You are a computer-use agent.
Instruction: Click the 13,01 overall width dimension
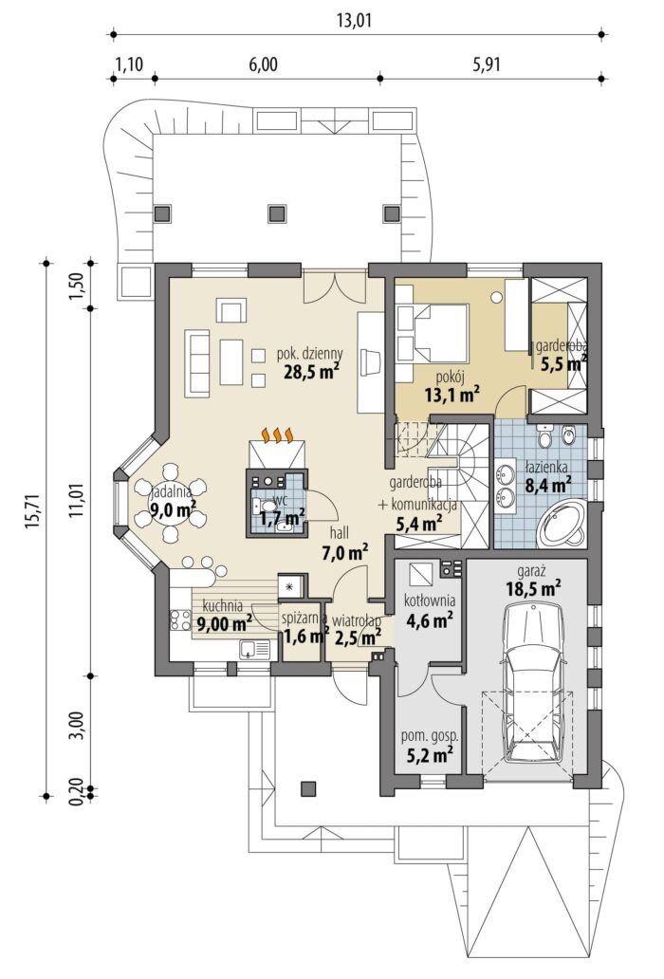(x=354, y=21)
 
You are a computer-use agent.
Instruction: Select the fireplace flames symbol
(x=278, y=434)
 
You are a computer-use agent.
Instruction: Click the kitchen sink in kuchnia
(x=255, y=650)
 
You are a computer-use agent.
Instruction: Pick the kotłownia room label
(x=430, y=600)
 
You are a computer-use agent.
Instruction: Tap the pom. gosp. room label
(x=430, y=736)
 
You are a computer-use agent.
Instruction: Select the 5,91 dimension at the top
(x=488, y=65)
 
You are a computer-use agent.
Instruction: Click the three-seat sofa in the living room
(x=198, y=364)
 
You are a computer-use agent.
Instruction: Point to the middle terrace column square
(x=276, y=213)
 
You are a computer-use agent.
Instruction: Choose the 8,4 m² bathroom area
(x=549, y=485)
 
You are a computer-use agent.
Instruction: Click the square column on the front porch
(x=307, y=789)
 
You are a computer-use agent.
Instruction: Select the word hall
(x=340, y=532)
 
